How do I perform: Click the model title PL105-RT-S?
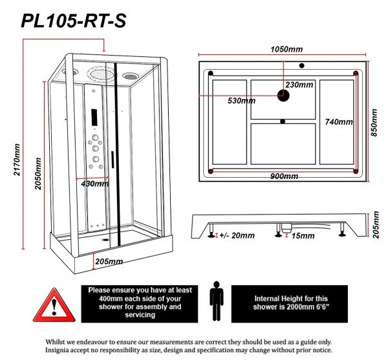click(73, 21)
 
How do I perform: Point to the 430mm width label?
click(94, 184)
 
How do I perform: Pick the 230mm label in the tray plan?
click(299, 85)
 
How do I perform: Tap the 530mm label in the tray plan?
click(241, 101)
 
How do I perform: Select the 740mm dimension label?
click(338, 122)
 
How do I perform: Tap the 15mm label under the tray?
click(302, 236)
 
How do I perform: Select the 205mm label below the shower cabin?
click(109, 262)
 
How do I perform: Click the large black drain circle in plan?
click(284, 96)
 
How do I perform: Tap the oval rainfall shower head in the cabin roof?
click(103, 75)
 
